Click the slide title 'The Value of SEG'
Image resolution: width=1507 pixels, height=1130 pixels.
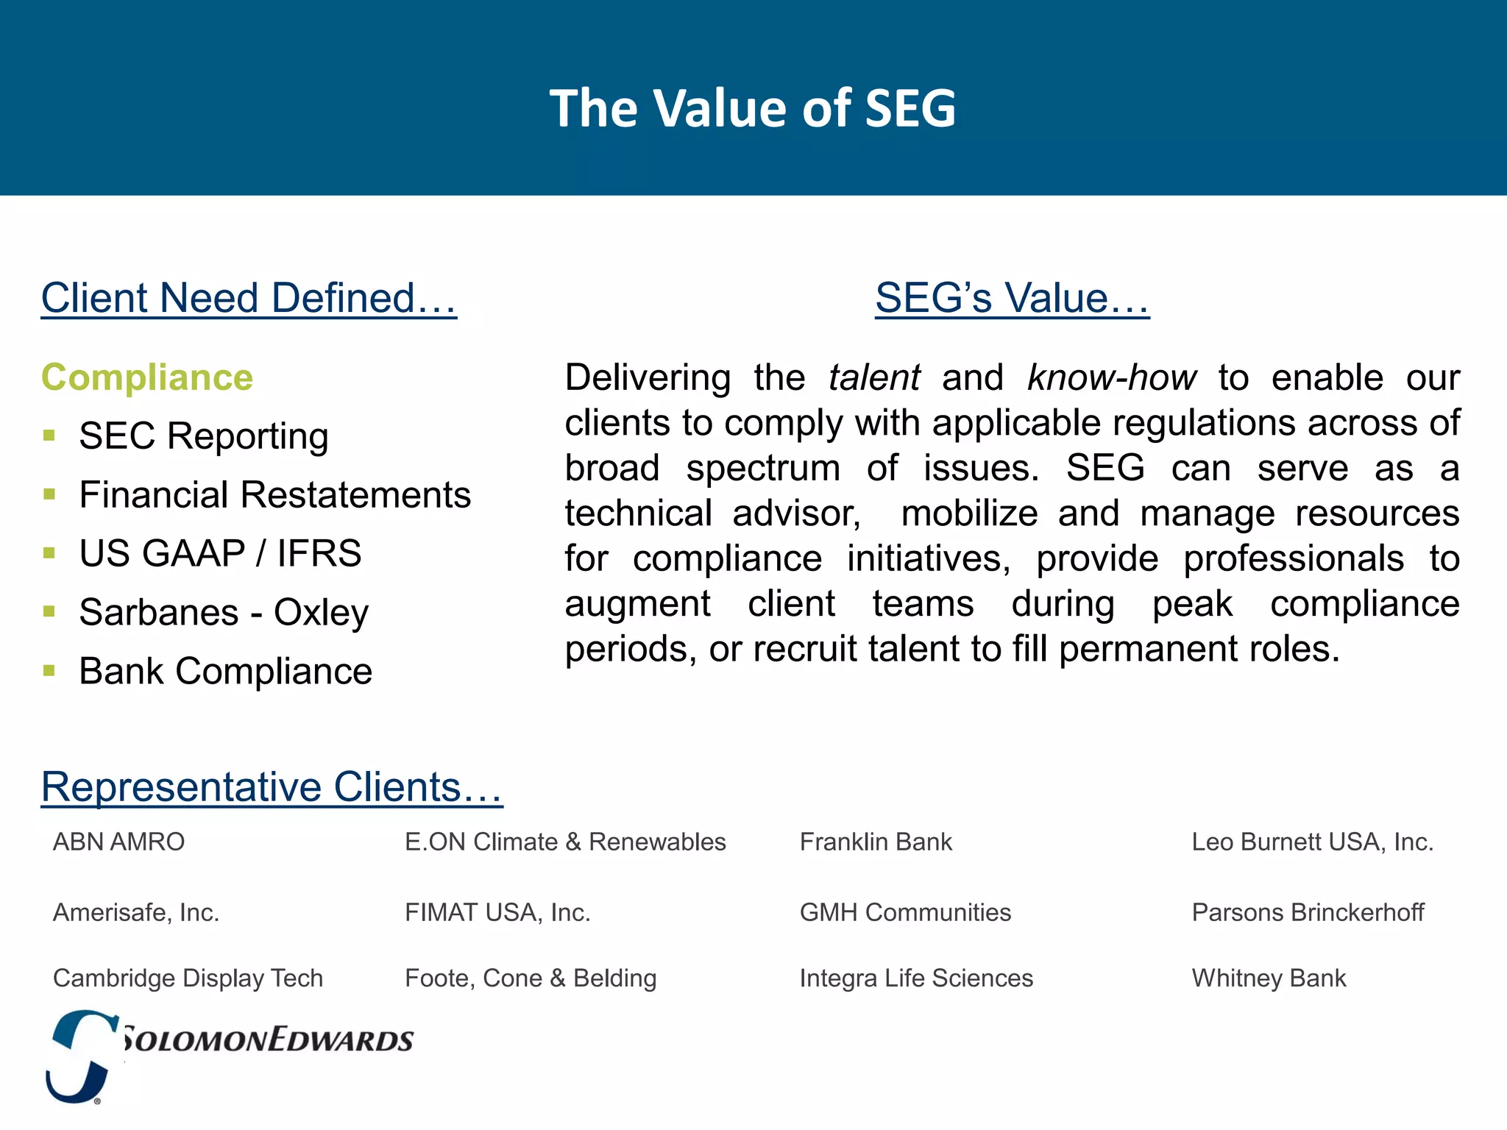click(752, 108)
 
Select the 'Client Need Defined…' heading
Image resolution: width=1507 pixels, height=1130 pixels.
click(249, 298)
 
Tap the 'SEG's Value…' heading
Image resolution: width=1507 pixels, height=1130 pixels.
click(1012, 298)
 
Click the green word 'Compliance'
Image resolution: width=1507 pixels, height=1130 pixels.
click(147, 377)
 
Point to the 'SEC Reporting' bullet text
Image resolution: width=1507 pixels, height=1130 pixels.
click(203, 436)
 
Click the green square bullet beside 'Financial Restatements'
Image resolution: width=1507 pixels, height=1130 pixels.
click(49, 494)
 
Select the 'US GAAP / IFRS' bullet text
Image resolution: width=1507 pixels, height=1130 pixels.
click(220, 553)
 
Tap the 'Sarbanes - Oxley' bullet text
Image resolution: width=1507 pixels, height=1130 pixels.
click(224, 612)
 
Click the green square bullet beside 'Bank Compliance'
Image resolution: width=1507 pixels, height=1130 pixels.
click(49, 670)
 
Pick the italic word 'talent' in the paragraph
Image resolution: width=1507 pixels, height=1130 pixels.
click(873, 377)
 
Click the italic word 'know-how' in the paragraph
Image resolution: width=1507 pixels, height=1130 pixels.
click(1111, 377)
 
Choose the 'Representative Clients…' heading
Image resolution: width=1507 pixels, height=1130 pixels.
click(272, 786)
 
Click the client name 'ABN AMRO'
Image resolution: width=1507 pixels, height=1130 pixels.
click(118, 842)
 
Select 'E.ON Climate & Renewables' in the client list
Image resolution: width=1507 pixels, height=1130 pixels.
click(565, 842)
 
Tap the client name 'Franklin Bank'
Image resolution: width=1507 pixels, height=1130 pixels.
click(876, 842)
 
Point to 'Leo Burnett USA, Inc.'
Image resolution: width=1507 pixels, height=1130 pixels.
click(1312, 842)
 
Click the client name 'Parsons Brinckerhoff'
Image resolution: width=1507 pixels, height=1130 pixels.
click(1308, 912)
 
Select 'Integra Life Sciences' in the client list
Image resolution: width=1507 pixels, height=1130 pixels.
click(916, 978)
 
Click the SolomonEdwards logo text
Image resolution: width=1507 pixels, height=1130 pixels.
click(266, 1040)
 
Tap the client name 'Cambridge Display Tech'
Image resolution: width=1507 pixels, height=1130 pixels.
click(188, 978)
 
